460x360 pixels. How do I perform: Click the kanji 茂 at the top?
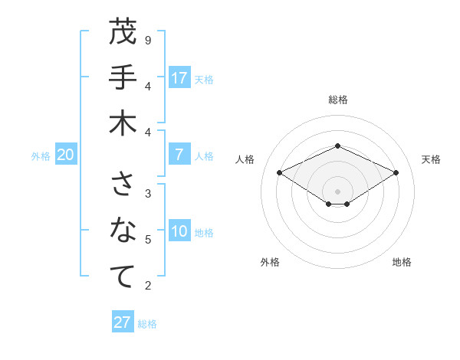[x=123, y=33]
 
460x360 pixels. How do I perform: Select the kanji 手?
[x=123, y=78]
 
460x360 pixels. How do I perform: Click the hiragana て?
[x=123, y=277]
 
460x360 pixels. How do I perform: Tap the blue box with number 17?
[x=179, y=78]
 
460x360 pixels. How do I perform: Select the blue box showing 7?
[x=179, y=155]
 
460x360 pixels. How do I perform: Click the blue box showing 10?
[x=179, y=232]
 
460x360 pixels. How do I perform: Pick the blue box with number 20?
[x=65, y=155]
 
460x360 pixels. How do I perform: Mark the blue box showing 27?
[x=123, y=322]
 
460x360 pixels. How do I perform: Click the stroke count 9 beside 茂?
[x=148, y=40]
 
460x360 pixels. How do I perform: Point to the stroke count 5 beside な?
[x=148, y=240]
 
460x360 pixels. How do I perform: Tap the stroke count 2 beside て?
[x=148, y=286]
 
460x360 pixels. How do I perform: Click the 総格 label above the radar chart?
[x=337, y=100]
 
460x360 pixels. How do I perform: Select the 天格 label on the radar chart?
[x=431, y=159]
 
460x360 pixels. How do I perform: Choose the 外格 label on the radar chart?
[x=270, y=262]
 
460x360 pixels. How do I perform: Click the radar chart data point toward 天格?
[x=396, y=172]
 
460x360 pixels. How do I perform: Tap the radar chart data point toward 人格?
[x=279, y=172]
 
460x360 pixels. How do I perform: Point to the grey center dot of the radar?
[x=337, y=191]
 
